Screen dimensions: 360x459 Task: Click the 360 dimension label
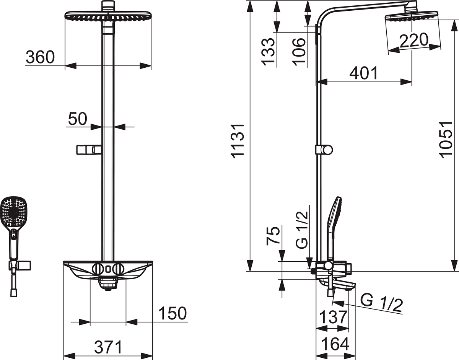click(x=40, y=57)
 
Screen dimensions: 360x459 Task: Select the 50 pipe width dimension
click(x=77, y=119)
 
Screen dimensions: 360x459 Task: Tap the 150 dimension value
click(x=173, y=313)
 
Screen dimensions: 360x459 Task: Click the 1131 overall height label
click(x=238, y=140)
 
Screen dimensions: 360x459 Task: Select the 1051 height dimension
click(x=446, y=140)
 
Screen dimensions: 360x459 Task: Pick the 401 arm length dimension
click(x=363, y=73)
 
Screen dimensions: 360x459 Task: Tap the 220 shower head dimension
click(x=413, y=40)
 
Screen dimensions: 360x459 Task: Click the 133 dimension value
click(x=269, y=52)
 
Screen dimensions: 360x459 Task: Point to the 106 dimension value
click(x=301, y=52)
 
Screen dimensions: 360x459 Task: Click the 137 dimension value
click(x=333, y=317)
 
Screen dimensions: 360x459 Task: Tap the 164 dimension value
click(x=334, y=344)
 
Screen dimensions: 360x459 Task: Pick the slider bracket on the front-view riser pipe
click(x=89, y=150)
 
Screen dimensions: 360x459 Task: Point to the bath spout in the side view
click(x=337, y=284)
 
